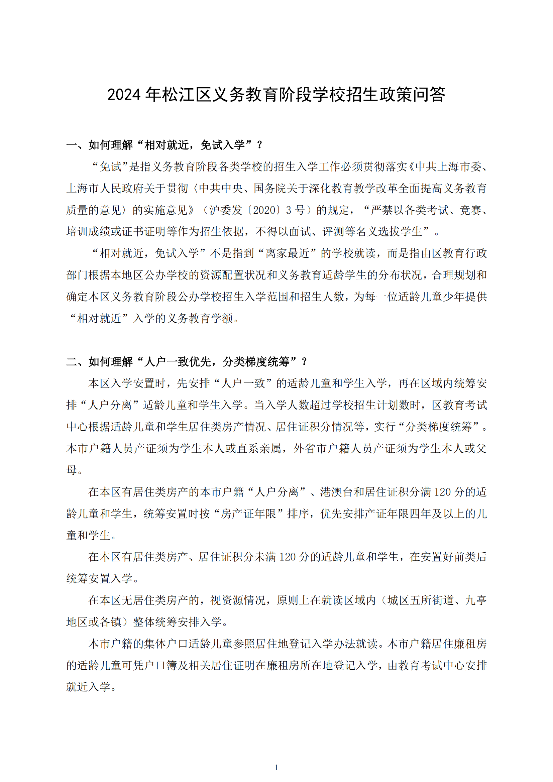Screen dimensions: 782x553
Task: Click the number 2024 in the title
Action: point(124,95)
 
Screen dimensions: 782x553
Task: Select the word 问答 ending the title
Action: point(428,95)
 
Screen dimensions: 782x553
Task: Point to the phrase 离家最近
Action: point(288,253)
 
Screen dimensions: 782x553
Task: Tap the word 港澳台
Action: point(336,492)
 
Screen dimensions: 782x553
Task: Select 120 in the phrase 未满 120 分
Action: point(288,557)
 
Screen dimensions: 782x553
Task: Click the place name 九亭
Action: point(476,600)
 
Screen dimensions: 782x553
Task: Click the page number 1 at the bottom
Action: point(276,767)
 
